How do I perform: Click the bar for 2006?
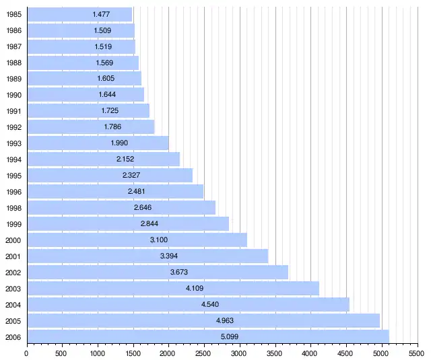tap(207, 336)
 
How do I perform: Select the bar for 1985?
tap(79, 14)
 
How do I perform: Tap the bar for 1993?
tap(98, 143)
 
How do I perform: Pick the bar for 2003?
tap(172, 288)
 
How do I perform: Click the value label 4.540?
tap(210, 304)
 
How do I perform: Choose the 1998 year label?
tap(13, 208)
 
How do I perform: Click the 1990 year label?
tap(13, 95)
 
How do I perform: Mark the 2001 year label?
tap(13, 256)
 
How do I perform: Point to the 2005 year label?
tap(13, 320)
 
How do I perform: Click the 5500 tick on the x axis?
tap(418, 352)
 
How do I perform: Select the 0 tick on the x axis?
tap(27, 352)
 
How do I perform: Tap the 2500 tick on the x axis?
tap(204, 352)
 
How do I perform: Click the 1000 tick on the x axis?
tap(98, 352)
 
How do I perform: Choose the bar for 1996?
tap(114, 192)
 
